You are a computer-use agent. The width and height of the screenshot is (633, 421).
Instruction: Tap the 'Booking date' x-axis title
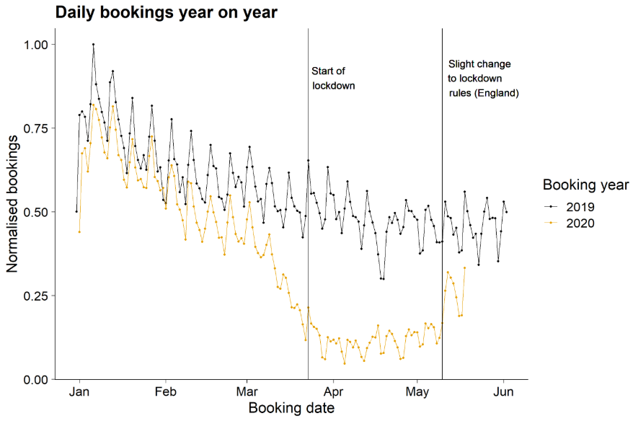tap(291, 409)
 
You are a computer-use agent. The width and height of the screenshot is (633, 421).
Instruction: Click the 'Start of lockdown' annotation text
tap(333, 78)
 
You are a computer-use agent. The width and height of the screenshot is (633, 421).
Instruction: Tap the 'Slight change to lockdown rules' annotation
tap(483, 79)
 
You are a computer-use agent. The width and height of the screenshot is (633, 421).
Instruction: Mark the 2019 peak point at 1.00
tap(93, 44)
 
